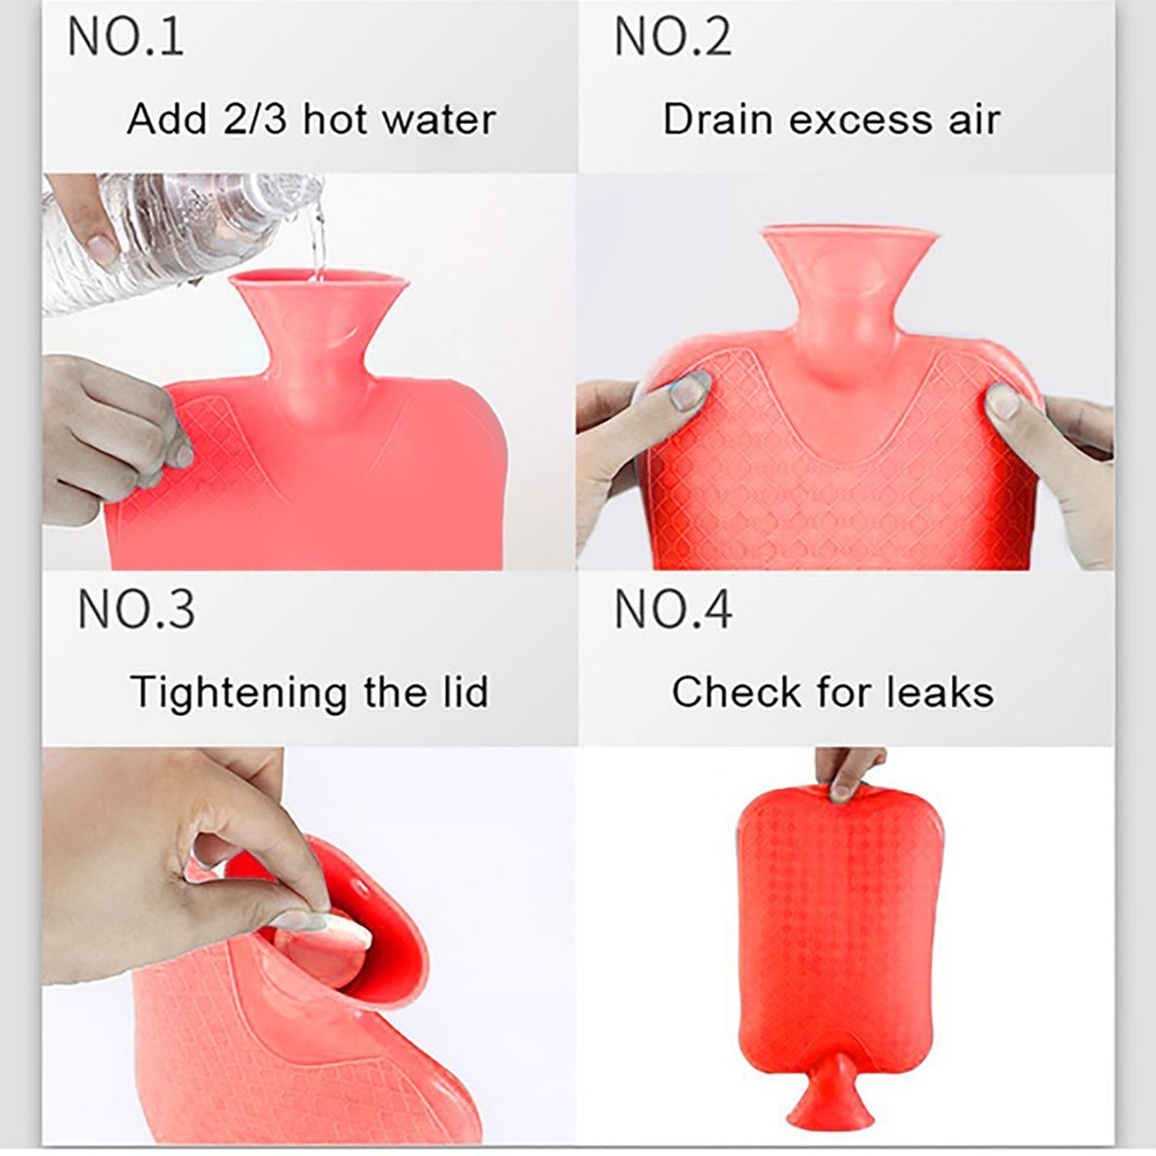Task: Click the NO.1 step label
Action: coord(126,37)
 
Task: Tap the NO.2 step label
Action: coord(672,37)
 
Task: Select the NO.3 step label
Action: coord(136,609)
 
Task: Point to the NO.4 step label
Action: coord(672,609)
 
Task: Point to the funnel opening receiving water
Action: coord(318,281)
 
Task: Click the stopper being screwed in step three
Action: coord(339,936)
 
